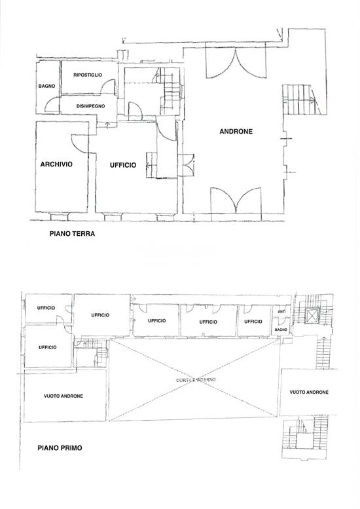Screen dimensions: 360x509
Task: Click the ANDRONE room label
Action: click(x=236, y=132)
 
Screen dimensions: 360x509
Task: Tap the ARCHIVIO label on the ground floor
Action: click(x=56, y=164)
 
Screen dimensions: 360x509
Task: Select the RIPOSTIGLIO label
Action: click(x=88, y=75)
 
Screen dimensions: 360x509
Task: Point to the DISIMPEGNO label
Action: click(x=90, y=106)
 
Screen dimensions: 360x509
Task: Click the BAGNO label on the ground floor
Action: click(x=46, y=86)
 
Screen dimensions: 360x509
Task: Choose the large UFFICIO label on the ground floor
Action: click(x=123, y=165)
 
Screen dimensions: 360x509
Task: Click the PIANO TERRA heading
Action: click(x=72, y=233)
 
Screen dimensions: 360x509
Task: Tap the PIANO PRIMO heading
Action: click(x=60, y=448)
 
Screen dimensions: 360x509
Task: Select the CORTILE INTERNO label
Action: click(x=196, y=380)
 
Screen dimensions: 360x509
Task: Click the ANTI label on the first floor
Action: click(x=281, y=312)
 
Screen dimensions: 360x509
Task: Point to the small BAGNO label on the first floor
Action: click(x=281, y=330)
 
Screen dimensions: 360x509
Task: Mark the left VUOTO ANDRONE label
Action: click(x=63, y=396)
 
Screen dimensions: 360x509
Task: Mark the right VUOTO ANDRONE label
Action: click(x=309, y=392)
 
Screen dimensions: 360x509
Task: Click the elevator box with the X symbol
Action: click(x=312, y=315)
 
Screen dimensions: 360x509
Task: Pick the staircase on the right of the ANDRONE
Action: click(x=299, y=100)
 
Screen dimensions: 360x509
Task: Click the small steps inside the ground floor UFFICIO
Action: click(x=151, y=165)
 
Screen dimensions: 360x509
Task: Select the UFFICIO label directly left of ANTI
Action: click(x=253, y=322)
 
